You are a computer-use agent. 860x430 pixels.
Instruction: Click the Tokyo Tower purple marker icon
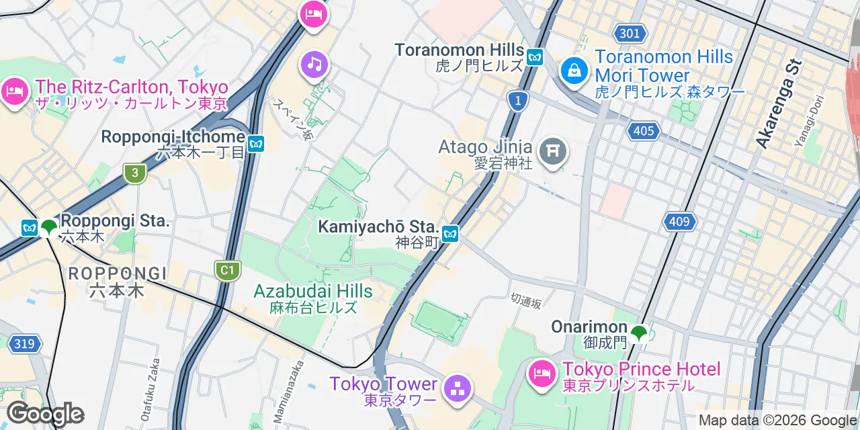pyautogui.click(x=458, y=388)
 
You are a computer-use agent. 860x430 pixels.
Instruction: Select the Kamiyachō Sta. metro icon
pyautogui.click(x=450, y=234)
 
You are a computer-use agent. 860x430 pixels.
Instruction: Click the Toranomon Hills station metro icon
pyautogui.click(x=535, y=56)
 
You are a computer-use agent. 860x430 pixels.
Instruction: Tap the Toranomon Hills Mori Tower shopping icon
pyautogui.click(x=574, y=69)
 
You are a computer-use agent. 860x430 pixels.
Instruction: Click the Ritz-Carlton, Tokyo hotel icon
pyautogui.click(x=15, y=91)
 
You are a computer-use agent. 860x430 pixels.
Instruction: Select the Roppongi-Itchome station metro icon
pyautogui.click(x=255, y=144)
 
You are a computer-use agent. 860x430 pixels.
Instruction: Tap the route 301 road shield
pyautogui.click(x=630, y=33)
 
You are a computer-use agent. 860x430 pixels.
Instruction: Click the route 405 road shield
pyautogui.click(x=644, y=130)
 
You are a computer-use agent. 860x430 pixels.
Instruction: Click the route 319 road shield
pyautogui.click(x=24, y=344)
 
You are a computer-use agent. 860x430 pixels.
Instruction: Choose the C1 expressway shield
pyautogui.click(x=227, y=271)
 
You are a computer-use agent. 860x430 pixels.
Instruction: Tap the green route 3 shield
pyautogui.click(x=135, y=173)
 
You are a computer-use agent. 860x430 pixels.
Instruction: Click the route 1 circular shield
pyautogui.click(x=517, y=101)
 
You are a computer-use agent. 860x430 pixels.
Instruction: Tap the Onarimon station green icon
pyautogui.click(x=638, y=332)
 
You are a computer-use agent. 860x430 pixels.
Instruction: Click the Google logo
pyautogui.click(x=45, y=414)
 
